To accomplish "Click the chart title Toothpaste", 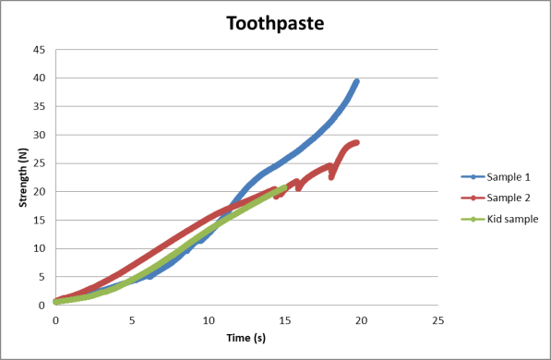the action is [275, 24].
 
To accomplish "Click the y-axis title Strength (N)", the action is [23, 177].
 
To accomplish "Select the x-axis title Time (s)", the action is [246, 338].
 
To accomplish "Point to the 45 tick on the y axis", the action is [40, 50].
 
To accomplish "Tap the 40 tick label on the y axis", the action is [40, 78].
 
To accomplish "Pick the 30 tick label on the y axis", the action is [40, 135].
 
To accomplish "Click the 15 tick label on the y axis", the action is [40, 220].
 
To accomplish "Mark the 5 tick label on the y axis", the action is [42, 277].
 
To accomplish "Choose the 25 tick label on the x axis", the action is [437, 320].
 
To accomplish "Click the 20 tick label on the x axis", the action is [361, 320].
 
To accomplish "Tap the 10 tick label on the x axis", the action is [209, 320].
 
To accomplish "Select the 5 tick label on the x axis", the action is [132, 320].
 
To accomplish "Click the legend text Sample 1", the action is [509, 177].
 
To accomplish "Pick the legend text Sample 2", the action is [509, 198].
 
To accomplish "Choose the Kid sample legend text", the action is [512, 219].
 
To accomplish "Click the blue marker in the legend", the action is [473, 177].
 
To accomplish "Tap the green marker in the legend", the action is [473, 220].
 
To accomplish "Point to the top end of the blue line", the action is [356, 81].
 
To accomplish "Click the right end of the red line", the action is [356, 142].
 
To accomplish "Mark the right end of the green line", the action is [284, 187].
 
